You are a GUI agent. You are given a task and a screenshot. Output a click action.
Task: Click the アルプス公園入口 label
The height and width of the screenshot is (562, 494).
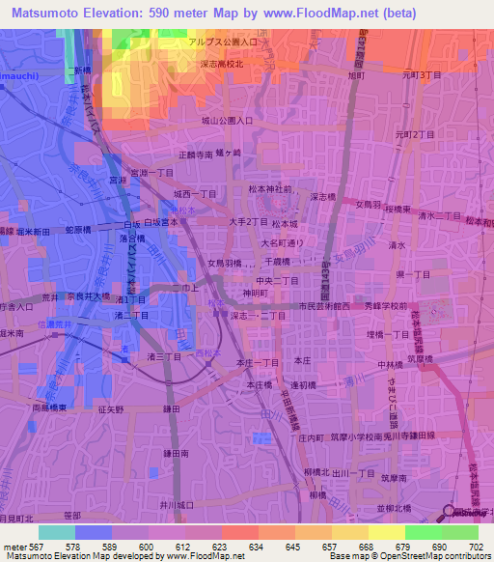pyautogui.click(x=223, y=43)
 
